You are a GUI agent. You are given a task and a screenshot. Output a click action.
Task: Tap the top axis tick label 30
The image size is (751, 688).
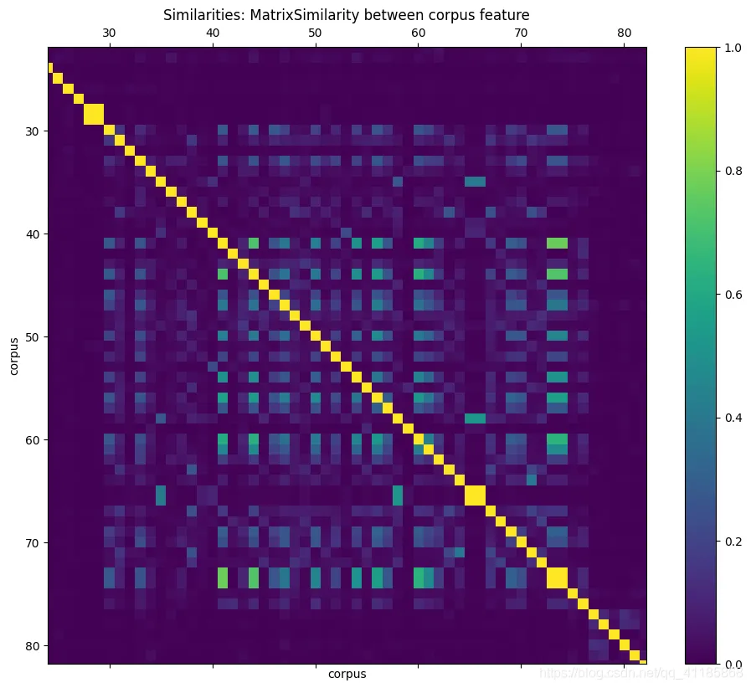point(109,33)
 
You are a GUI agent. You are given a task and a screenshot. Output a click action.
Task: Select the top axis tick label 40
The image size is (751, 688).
point(212,33)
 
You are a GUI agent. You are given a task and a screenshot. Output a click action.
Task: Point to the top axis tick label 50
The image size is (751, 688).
point(315,33)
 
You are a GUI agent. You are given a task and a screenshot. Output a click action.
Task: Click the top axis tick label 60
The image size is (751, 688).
point(418,33)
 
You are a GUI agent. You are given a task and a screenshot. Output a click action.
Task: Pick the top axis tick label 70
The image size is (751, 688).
point(521,33)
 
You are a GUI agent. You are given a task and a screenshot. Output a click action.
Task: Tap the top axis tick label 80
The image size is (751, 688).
point(624,33)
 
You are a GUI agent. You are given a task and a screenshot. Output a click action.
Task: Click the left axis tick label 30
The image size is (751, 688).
point(33,131)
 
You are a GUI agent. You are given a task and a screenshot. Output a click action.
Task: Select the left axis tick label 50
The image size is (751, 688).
point(33,336)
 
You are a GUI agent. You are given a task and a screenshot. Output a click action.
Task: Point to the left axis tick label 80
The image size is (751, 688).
point(33,645)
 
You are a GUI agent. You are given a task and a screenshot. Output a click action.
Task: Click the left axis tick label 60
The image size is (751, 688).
point(33,439)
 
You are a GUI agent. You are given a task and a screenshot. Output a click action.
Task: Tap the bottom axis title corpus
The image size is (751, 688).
point(347,673)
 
